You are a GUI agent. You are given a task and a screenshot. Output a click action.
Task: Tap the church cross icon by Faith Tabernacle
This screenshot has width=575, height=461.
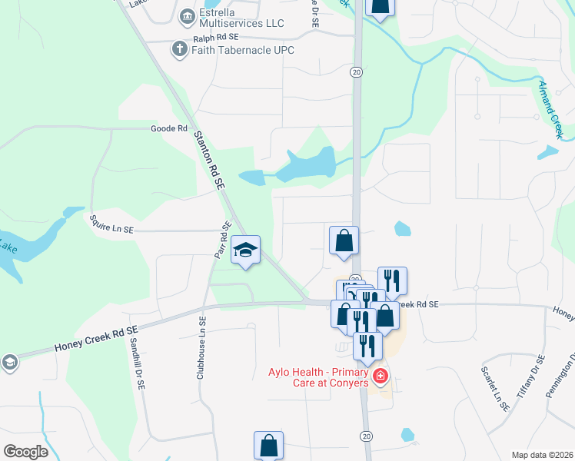[179, 50]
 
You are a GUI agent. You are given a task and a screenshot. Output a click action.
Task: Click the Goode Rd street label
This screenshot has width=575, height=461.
[169, 128]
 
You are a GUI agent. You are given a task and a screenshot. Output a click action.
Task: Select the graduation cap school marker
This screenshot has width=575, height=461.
[246, 250]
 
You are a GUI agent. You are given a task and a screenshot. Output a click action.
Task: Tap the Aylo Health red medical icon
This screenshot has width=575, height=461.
[380, 376]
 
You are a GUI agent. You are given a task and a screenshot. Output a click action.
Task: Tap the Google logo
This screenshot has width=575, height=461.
[25, 452]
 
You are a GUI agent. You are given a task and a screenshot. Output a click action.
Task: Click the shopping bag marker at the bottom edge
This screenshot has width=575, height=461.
[269, 445]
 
